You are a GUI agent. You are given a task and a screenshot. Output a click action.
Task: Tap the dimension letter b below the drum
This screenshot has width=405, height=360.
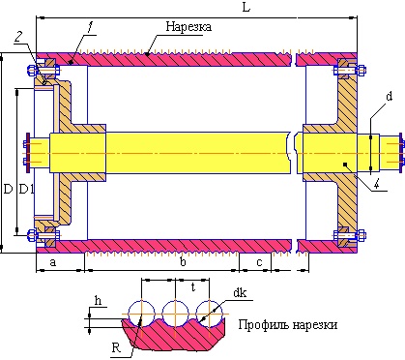click(x=183, y=262)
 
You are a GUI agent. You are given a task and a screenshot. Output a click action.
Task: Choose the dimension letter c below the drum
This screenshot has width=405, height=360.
click(x=259, y=262)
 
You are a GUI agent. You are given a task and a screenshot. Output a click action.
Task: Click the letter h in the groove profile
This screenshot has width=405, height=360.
click(x=98, y=301)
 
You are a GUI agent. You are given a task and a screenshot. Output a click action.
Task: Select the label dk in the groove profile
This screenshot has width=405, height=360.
click(x=239, y=292)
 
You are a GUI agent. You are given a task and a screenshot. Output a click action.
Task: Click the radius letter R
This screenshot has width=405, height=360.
click(x=116, y=345)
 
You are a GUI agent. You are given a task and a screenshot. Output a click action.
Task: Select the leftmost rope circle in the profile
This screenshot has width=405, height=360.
click(x=141, y=313)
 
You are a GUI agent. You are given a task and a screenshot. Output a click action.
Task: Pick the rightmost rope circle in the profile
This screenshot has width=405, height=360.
click(x=208, y=313)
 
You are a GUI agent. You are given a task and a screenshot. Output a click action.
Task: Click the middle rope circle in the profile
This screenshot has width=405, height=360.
click(x=175, y=313)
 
